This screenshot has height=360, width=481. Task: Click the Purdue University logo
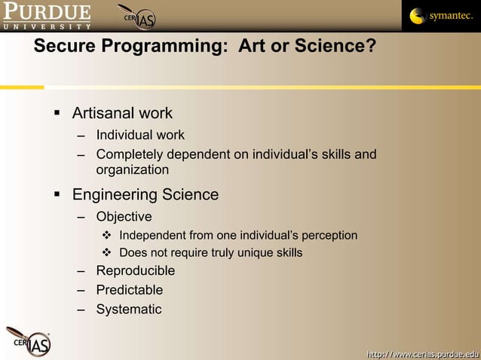(46, 15)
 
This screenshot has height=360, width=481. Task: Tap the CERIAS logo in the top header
(137, 17)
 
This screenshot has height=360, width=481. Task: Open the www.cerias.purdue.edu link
(422, 353)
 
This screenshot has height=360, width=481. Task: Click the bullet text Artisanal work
(122, 114)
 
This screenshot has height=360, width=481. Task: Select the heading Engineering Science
(145, 195)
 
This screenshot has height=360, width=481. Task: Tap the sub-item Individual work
(139, 136)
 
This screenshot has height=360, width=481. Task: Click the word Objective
(124, 217)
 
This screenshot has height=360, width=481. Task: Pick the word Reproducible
(135, 271)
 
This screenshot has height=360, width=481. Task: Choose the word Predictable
(129, 290)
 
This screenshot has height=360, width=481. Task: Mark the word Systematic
(128, 310)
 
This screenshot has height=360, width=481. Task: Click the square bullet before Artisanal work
(57, 114)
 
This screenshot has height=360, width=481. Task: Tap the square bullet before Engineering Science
(57, 196)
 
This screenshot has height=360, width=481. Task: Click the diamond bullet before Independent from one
(107, 236)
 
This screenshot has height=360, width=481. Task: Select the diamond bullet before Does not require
(107, 253)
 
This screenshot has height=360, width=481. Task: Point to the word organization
(132, 170)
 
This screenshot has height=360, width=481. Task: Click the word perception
(329, 236)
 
